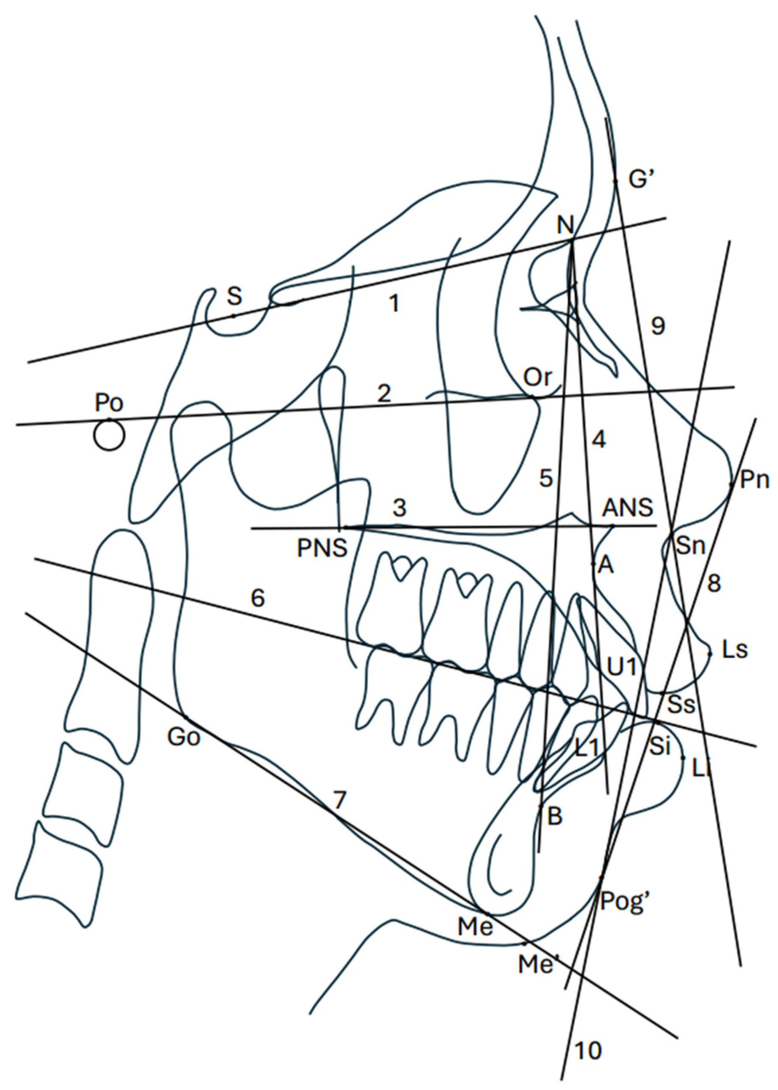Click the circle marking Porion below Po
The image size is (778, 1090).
pos(109,435)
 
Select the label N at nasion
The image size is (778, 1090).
pos(566,224)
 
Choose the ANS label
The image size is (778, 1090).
pos(628,508)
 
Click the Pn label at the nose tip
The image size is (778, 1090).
pos(755,480)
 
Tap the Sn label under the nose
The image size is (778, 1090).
pos(691,546)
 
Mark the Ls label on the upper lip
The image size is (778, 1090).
pos(734,652)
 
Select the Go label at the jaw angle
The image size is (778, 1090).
pos(183,737)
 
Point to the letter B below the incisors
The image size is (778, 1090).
pos(554,817)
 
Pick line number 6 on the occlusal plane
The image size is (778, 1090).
pos(258,598)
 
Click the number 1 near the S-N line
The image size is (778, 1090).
pos(394,303)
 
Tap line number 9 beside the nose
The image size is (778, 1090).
pos(658,326)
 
